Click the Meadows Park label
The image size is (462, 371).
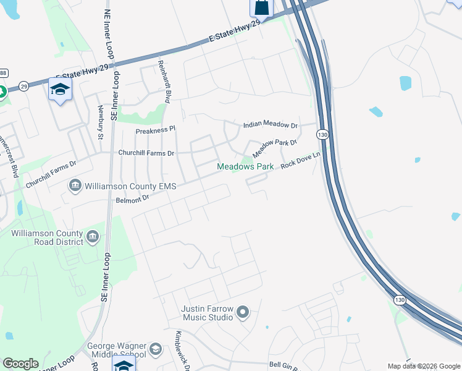pyautogui.click(x=245, y=167)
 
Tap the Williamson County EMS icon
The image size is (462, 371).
pyautogui.click(x=75, y=185)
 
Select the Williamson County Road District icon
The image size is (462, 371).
pyautogui.click(x=93, y=236)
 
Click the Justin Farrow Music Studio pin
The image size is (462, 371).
pyautogui.click(x=242, y=313)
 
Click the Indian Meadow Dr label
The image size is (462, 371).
pyautogui.click(x=271, y=125)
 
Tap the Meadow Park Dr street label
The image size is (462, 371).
pyautogui.click(x=274, y=147)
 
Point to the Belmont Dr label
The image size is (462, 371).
pyautogui.click(x=133, y=198)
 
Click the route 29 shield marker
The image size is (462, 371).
pyautogui.click(x=23, y=85)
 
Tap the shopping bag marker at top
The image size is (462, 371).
pyautogui.click(x=261, y=8)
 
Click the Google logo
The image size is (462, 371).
pyautogui.click(x=20, y=364)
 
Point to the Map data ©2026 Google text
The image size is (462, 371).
pyautogui.click(x=424, y=366)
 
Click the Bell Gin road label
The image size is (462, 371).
pyautogui.click(x=284, y=365)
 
